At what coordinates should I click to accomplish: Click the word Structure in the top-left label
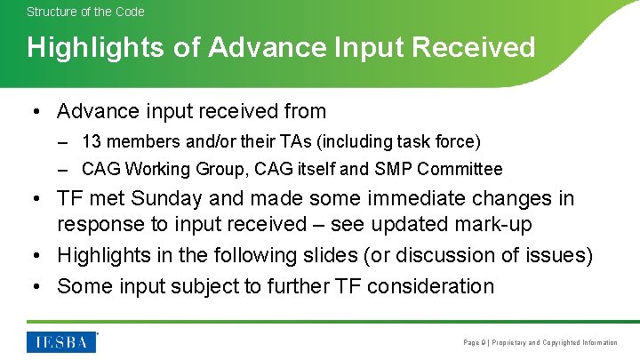point(49,12)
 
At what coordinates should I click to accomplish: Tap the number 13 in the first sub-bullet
point(91,141)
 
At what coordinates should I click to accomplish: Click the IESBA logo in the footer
point(61,341)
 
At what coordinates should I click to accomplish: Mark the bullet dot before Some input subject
point(35,286)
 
